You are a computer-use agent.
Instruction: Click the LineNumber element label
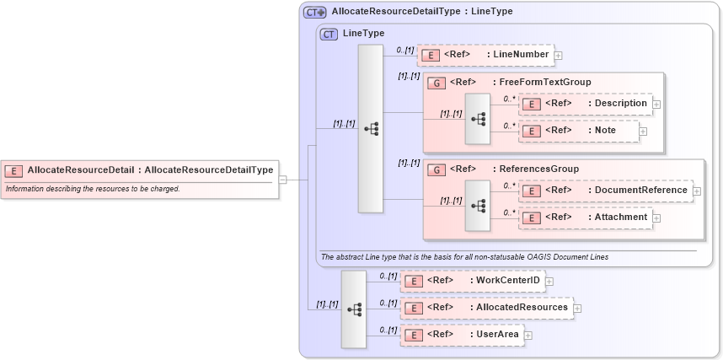[521, 55]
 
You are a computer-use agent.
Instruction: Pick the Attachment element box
[585, 218]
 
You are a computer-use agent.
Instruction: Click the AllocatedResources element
[486, 308]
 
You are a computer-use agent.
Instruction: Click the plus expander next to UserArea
[528, 336]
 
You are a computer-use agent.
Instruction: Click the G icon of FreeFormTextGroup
[436, 83]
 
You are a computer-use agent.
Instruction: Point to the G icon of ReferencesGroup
[436, 169]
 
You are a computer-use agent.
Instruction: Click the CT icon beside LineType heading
[329, 34]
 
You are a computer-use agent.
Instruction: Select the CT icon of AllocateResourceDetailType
[315, 12]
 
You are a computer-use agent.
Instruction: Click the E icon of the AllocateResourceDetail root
[14, 170]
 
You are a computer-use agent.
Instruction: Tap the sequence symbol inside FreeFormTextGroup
[478, 118]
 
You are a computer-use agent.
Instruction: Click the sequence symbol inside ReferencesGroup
[478, 205]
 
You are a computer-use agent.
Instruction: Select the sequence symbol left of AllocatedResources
[354, 309]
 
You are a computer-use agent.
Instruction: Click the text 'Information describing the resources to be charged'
[93, 189]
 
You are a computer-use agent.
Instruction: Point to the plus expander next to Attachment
[656, 218]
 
